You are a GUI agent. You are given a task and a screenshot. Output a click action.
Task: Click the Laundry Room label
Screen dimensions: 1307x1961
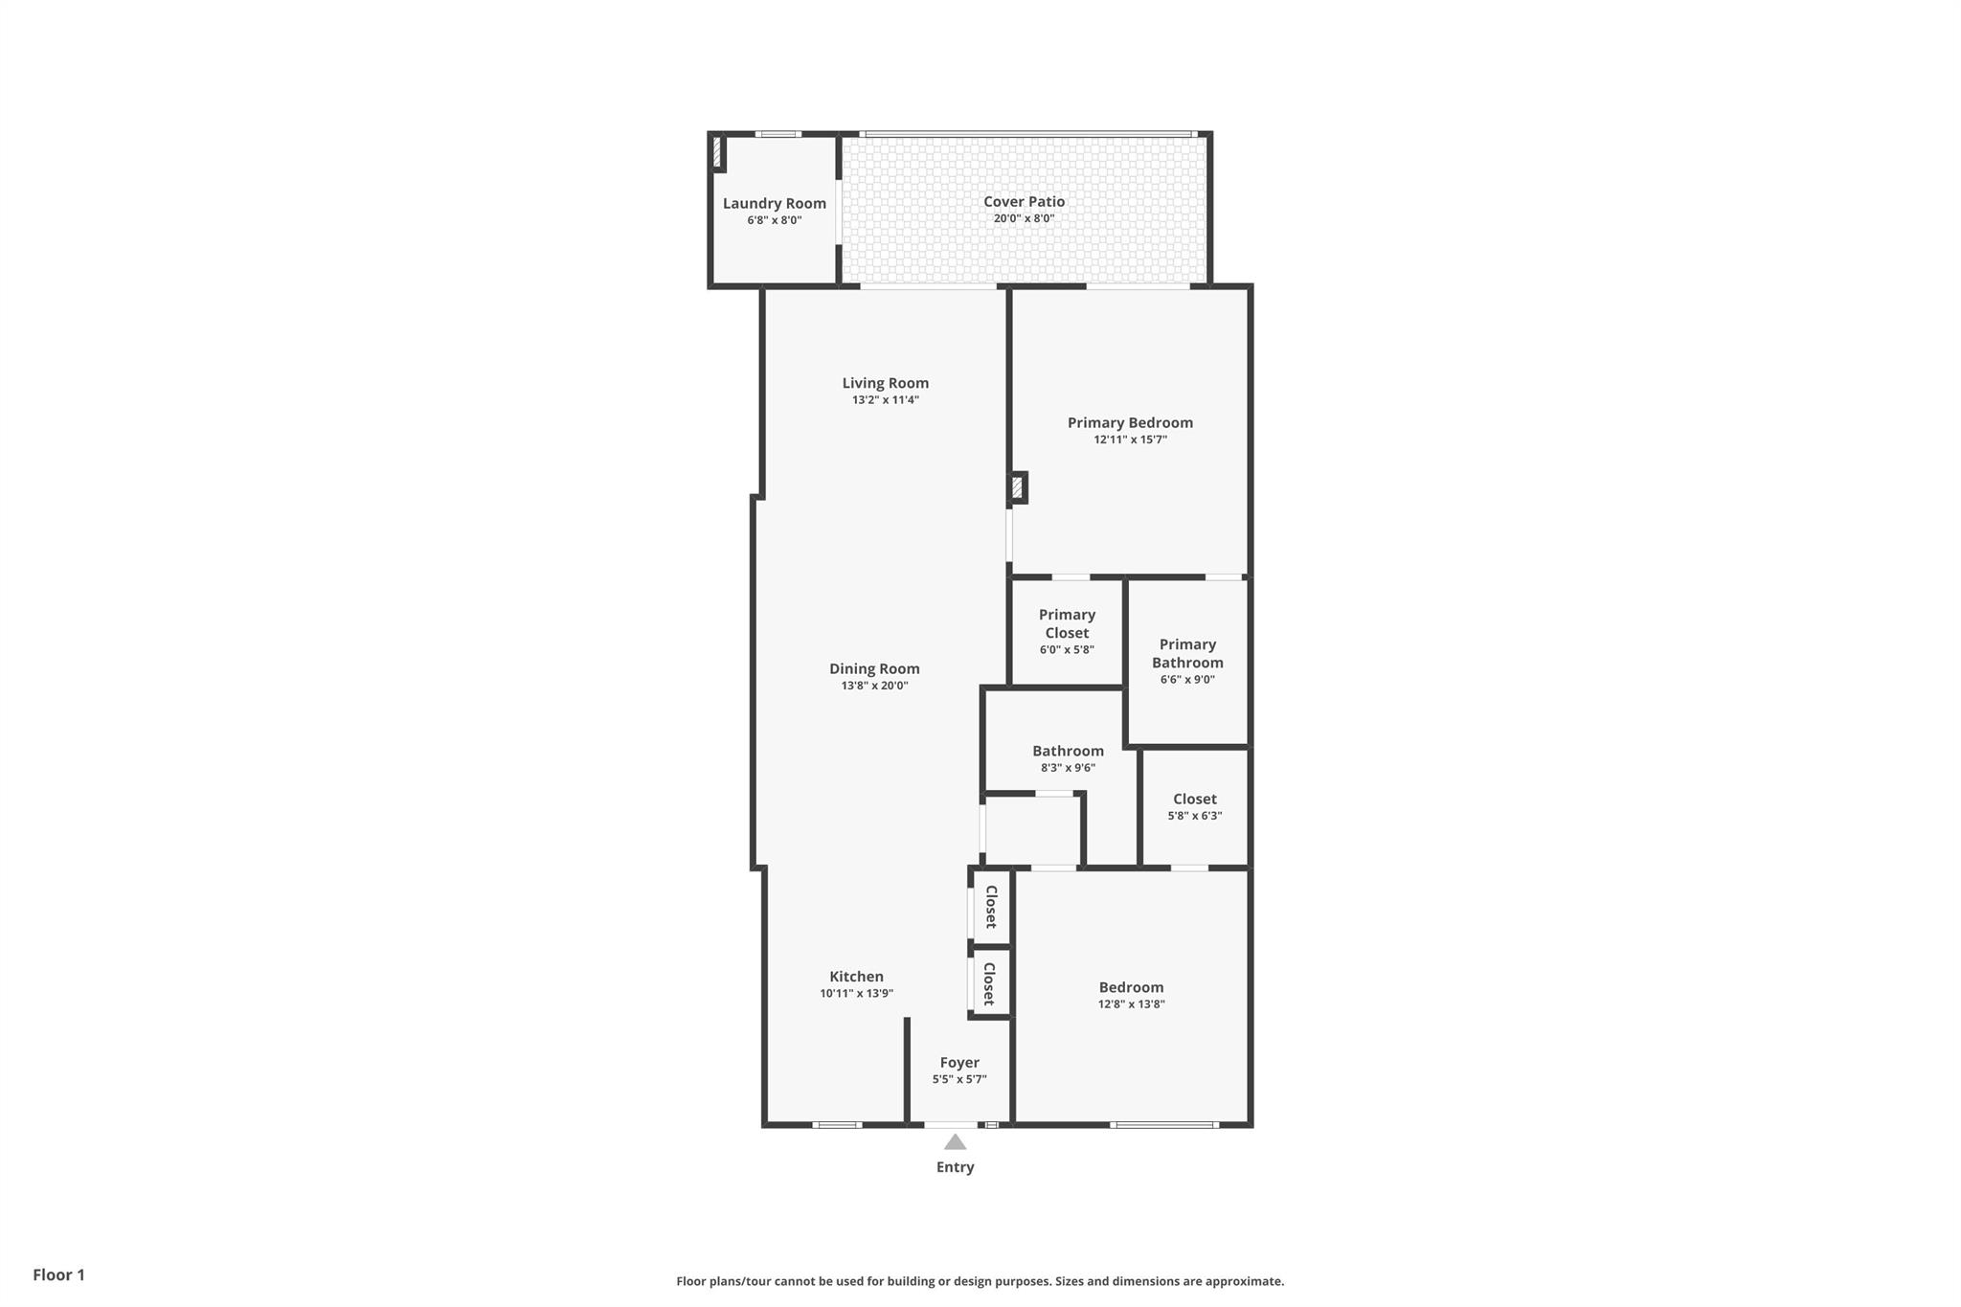click(774, 203)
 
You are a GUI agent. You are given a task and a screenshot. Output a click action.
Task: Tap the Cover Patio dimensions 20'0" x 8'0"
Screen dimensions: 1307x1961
click(1024, 218)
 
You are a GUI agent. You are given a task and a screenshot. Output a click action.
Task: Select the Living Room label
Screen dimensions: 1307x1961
click(885, 383)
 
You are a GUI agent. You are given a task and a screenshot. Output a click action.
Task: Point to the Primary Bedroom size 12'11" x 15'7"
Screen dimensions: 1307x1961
click(1130, 439)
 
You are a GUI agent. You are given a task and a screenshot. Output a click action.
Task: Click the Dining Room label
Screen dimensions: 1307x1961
click(873, 668)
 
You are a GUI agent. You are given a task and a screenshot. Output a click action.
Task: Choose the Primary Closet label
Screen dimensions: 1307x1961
click(1067, 623)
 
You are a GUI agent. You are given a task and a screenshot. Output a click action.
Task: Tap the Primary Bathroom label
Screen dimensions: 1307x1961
click(1187, 653)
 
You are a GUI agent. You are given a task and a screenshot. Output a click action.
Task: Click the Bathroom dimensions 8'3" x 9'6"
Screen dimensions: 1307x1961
click(1068, 767)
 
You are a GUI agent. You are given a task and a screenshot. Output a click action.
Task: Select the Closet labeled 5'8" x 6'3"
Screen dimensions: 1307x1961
click(1194, 799)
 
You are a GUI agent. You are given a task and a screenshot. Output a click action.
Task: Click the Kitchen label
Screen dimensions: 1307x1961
click(856, 977)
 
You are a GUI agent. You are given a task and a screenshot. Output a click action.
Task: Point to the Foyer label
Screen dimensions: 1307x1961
click(958, 1062)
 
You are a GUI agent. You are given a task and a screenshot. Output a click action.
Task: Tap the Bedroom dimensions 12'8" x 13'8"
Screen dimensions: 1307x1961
click(1131, 1004)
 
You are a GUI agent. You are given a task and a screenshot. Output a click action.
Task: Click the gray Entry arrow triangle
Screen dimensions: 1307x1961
click(955, 1141)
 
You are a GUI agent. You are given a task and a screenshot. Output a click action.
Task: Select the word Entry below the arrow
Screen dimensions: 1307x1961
click(955, 1166)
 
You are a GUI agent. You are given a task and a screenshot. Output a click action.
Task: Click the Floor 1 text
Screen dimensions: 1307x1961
click(58, 1274)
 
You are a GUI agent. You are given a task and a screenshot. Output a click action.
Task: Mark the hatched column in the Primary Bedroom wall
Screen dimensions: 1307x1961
click(1017, 488)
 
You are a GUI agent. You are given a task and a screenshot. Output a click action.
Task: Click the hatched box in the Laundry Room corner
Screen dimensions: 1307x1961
click(717, 153)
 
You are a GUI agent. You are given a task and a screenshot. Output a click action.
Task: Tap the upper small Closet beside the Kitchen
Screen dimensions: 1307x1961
click(991, 906)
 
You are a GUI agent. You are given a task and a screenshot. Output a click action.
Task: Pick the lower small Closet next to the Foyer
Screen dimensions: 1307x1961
click(989, 983)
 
